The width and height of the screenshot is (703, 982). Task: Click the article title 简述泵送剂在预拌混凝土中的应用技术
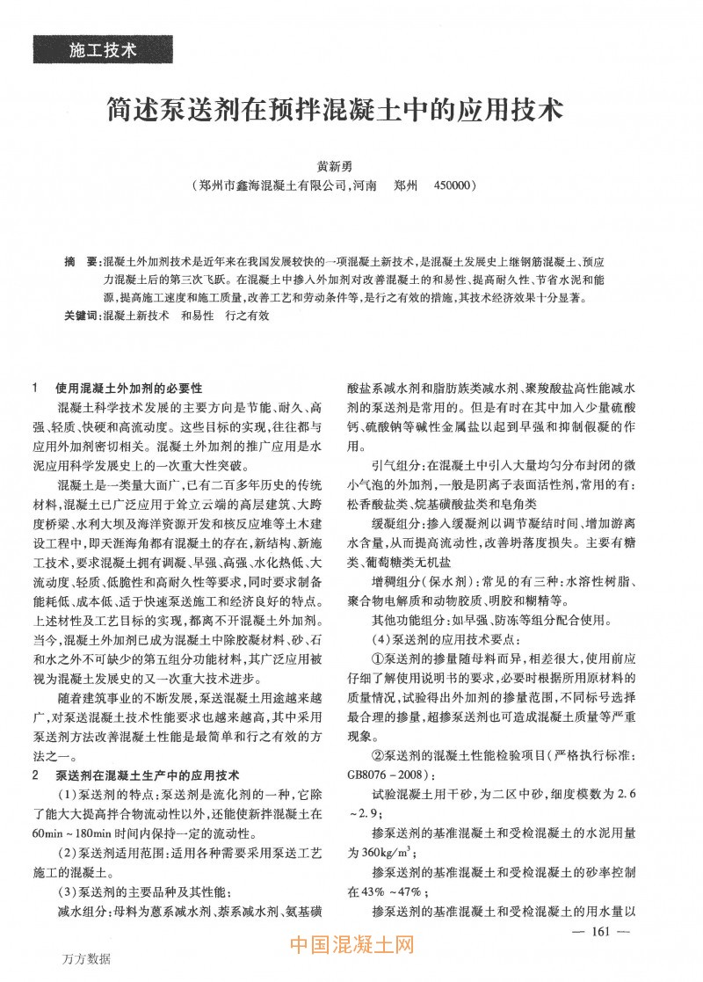point(333,112)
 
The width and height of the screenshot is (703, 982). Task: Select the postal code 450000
point(449,186)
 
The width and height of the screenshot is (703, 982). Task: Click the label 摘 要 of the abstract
point(82,263)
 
